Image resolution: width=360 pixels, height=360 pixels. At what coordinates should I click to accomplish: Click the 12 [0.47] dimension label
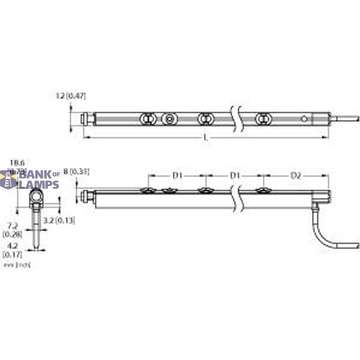tap(71, 95)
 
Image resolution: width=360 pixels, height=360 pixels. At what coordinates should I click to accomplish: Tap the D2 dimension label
tap(296, 176)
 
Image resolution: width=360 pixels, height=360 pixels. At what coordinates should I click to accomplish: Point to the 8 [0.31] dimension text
tap(76, 172)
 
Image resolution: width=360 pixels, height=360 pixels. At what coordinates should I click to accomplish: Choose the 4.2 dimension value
tap(11, 246)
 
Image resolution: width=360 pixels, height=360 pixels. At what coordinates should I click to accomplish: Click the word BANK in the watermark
tap(35, 175)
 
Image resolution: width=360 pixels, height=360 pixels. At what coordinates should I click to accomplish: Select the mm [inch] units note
tap(16, 264)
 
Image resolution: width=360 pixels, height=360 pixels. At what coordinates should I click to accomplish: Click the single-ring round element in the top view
tap(170, 119)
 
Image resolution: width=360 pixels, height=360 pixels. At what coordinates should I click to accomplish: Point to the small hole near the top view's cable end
tap(306, 119)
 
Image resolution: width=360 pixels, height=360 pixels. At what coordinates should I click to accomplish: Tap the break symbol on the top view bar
tap(236, 118)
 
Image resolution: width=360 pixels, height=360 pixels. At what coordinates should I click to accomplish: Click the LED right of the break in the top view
tap(261, 119)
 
